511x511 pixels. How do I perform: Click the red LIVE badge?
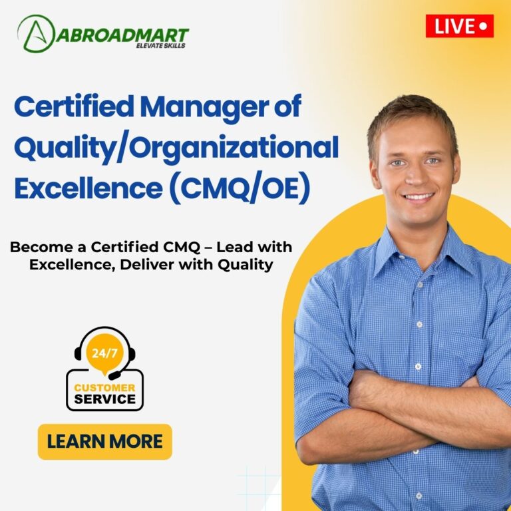[460, 26]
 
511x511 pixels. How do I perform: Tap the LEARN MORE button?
[104, 442]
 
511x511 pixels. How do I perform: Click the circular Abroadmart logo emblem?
[36, 34]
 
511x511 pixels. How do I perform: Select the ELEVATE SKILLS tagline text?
[160, 46]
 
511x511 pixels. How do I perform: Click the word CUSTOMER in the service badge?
[104, 388]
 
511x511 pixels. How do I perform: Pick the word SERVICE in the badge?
[104, 399]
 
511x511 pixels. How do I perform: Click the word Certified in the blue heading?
[74, 106]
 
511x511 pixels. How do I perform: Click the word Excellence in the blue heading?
[88, 187]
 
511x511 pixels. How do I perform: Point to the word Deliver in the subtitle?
[147, 265]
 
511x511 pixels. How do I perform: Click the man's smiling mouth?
[417, 197]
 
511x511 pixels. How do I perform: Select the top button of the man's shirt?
[420, 285]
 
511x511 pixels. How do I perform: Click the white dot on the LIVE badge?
[484, 26]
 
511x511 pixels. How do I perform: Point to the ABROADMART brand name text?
[122, 35]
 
